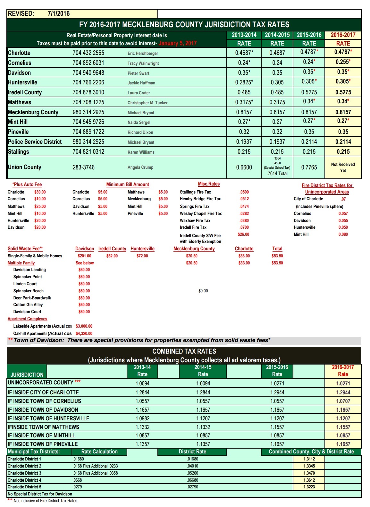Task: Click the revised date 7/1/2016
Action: click(x=58, y=13)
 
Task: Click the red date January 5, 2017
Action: click(x=177, y=43)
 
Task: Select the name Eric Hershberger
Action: click(x=143, y=53)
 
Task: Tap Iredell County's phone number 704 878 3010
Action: click(x=88, y=92)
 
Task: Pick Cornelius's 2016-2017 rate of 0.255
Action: click(x=343, y=62)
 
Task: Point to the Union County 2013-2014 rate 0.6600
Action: click(x=244, y=167)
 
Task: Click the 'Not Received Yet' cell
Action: click(x=343, y=167)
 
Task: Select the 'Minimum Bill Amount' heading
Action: click(x=128, y=185)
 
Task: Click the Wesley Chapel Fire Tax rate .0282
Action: click(x=244, y=213)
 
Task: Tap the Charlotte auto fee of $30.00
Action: click(x=40, y=192)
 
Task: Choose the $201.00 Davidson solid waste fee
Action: click(x=84, y=256)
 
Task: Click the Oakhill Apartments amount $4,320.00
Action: click(x=84, y=333)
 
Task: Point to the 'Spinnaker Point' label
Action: click(x=28, y=277)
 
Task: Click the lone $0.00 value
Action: click(x=203, y=291)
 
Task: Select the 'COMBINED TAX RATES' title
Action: click(x=184, y=351)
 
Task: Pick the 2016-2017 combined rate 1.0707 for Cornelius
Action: click(x=343, y=401)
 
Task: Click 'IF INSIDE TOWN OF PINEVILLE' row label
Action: click(x=43, y=444)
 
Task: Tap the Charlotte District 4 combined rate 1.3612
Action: click(x=309, y=480)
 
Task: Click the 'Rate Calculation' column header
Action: click(x=99, y=452)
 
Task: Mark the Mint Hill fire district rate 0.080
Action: click(x=343, y=234)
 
